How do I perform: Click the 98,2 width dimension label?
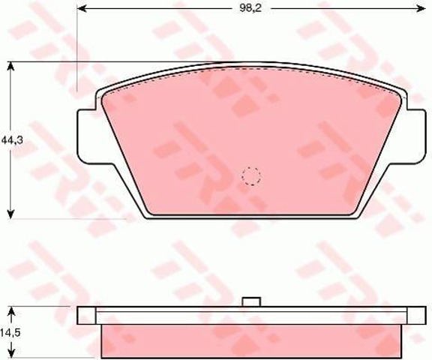coord(250,8)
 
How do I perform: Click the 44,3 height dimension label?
coord(12,140)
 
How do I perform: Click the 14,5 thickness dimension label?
coord(10,333)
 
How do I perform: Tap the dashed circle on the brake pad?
coord(251,176)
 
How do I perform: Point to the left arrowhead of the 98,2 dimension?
coord(82,9)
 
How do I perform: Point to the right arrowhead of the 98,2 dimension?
coord(421,9)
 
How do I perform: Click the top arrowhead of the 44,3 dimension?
coord(10,67)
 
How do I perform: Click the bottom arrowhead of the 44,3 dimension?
coord(10,214)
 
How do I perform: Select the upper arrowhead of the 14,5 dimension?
coord(10,313)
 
